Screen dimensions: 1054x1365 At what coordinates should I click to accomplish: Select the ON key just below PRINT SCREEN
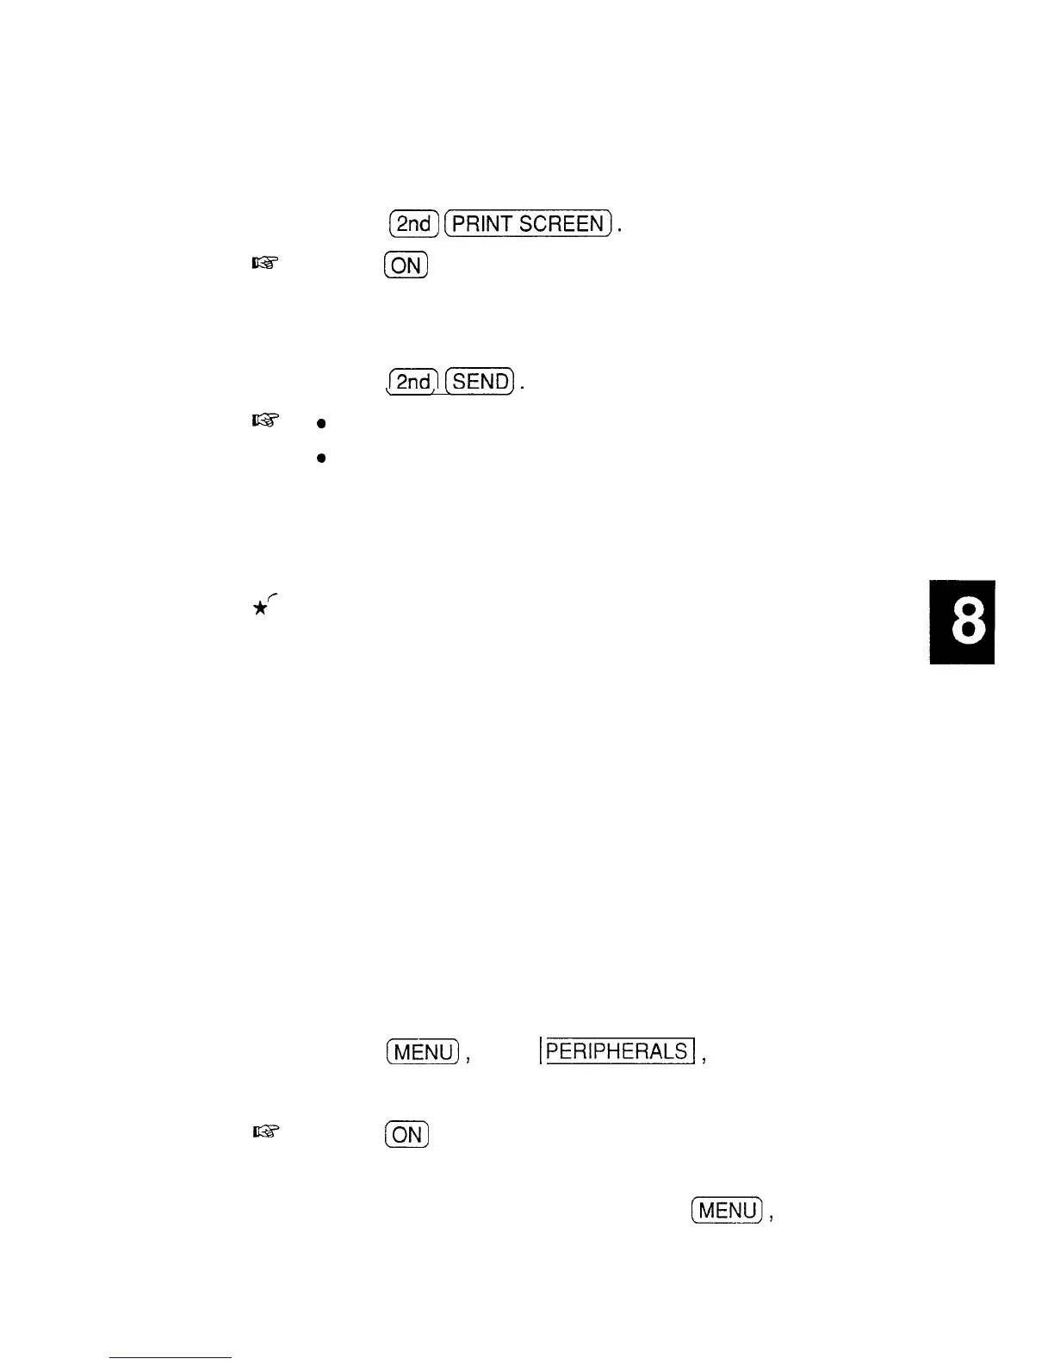(x=406, y=265)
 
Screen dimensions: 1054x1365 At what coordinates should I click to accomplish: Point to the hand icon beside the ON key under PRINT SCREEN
(x=263, y=265)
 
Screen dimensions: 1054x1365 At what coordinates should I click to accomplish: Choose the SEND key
(x=480, y=380)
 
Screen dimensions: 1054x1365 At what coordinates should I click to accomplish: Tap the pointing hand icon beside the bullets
(x=263, y=421)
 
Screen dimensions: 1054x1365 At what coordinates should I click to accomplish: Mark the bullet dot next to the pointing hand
(x=319, y=423)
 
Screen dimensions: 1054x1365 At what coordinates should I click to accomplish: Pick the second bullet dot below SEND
(x=319, y=458)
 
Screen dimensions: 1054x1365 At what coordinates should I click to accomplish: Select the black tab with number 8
(x=962, y=621)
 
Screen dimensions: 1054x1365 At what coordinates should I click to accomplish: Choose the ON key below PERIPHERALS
(x=406, y=1134)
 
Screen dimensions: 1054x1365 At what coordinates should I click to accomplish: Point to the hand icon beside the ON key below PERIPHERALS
(x=263, y=1134)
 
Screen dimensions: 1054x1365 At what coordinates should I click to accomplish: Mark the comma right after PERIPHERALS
(x=704, y=1059)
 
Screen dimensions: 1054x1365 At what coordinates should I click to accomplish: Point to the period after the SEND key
(x=523, y=387)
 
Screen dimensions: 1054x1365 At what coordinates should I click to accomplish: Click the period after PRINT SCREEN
(x=620, y=230)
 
